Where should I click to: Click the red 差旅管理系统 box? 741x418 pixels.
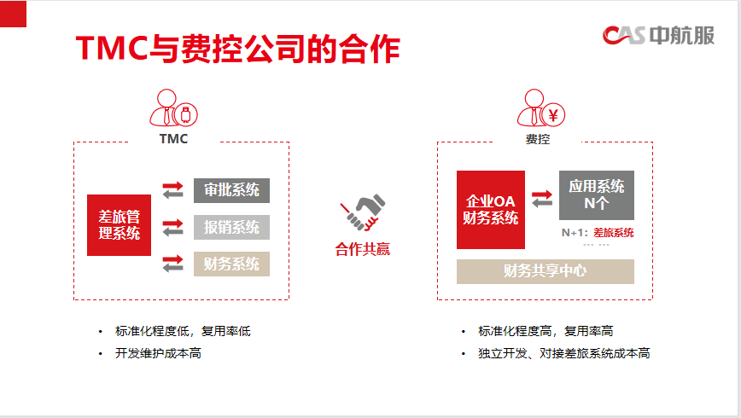[120, 225]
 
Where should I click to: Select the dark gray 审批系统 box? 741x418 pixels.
[231, 190]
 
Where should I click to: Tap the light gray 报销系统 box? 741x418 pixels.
[231, 227]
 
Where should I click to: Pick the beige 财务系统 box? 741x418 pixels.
[231, 264]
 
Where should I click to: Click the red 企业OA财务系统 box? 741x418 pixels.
[491, 210]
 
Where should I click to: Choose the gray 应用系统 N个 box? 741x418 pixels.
[597, 195]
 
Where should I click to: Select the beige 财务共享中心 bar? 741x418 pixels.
[546, 271]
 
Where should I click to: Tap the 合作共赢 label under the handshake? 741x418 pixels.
[363, 249]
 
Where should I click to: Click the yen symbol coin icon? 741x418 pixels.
[553, 115]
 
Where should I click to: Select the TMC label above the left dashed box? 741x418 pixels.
[173, 139]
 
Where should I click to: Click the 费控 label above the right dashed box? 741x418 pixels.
[538, 139]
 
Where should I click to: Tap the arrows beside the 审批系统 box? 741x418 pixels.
[173, 190]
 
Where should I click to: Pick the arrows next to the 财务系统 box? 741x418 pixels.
[173, 264]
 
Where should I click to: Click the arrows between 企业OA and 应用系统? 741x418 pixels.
[542, 199]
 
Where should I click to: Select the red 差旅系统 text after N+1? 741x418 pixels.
[614, 232]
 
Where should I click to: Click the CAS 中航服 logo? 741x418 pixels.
[658, 36]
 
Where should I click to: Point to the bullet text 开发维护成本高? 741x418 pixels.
[158, 353]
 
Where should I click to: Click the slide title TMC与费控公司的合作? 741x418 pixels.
[237, 49]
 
